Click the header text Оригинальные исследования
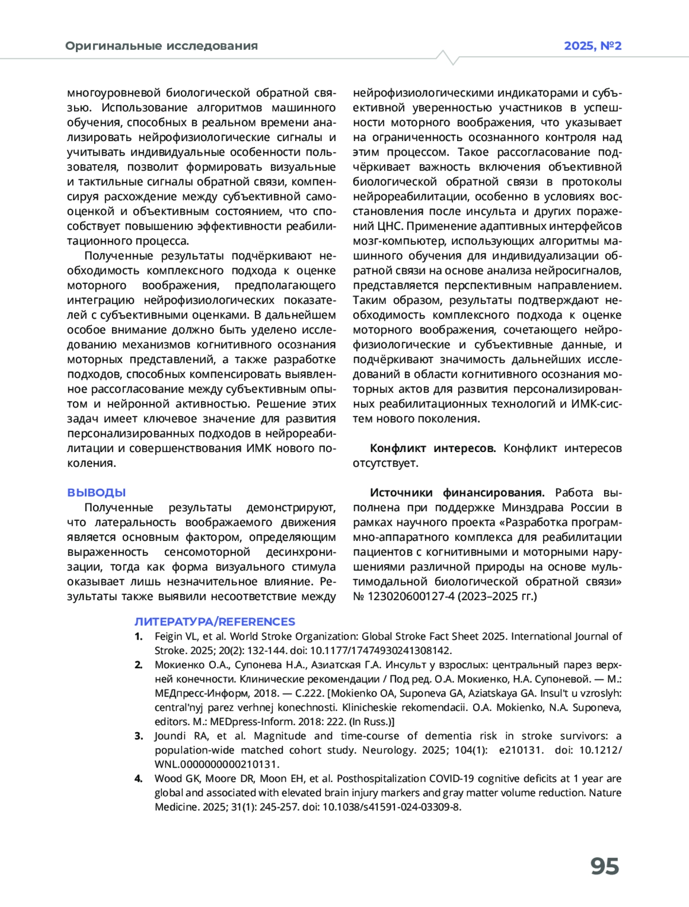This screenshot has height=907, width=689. [x=161, y=46]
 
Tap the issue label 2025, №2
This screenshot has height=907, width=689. [x=593, y=46]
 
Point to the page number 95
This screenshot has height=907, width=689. [x=605, y=866]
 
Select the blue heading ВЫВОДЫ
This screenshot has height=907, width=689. [x=96, y=493]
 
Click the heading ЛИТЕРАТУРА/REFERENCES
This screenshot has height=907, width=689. [x=215, y=622]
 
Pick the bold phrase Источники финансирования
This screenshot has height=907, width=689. [x=457, y=493]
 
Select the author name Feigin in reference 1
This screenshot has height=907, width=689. [x=168, y=636]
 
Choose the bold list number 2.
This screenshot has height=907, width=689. [x=138, y=665]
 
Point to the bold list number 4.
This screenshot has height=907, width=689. [x=138, y=778]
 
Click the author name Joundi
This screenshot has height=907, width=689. [x=170, y=736]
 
